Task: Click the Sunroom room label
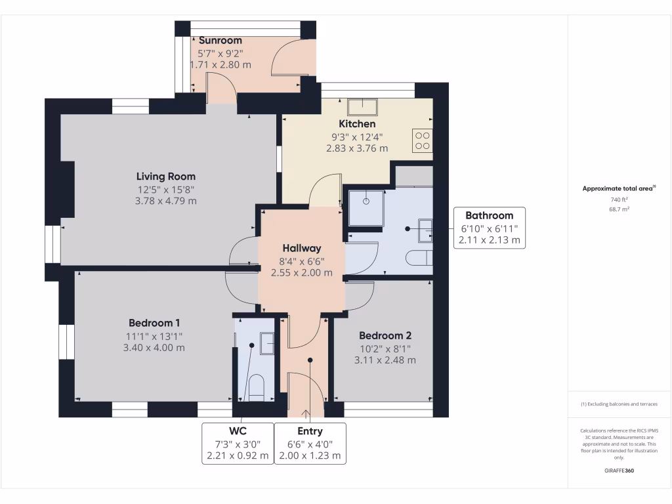220,41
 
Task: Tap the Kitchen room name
357,124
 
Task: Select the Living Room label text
165,177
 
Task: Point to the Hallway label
302,248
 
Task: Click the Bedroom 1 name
154,323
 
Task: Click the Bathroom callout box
490,227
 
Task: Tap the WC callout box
238,443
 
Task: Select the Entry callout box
310,443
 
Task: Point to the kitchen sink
362,107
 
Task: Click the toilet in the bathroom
418,258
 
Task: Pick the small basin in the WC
268,343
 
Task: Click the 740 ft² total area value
619,199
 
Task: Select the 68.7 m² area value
619,209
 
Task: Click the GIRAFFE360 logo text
619,471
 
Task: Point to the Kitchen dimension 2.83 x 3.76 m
357,148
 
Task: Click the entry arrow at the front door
306,414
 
